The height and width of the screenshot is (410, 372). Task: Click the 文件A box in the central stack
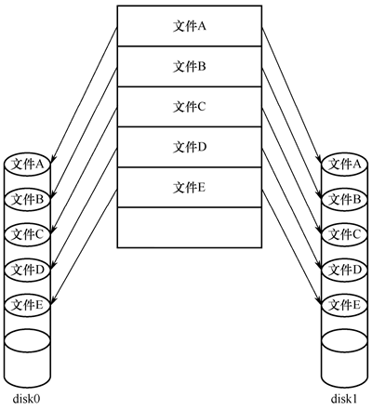(190, 26)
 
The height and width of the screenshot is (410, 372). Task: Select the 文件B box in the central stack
(190, 67)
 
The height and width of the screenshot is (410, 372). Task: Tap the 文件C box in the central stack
(190, 107)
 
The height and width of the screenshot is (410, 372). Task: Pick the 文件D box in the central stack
(190, 147)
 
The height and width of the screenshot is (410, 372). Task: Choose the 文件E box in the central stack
(190, 188)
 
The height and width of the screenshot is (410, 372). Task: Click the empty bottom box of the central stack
(190, 228)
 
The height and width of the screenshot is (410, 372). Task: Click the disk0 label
(27, 399)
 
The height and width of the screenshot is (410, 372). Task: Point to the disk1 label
(344, 399)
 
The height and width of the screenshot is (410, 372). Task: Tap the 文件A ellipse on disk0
(27, 164)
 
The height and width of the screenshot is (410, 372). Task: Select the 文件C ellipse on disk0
(27, 234)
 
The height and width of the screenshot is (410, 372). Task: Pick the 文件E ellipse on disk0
(27, 305)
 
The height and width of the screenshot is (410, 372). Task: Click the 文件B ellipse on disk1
(345, 199)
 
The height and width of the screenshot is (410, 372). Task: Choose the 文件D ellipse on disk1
(345, 270)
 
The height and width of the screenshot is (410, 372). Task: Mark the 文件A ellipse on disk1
(345, 164)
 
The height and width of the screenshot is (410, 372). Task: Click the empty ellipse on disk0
(27, 340)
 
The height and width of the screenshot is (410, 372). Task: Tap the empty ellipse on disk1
(345, 340)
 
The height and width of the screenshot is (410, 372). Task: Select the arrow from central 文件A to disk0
(84, 95)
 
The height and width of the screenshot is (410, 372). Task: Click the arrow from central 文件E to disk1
(292, 246)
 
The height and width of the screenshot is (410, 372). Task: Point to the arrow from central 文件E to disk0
(84, 246)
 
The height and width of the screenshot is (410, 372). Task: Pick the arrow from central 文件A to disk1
(292, 95)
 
